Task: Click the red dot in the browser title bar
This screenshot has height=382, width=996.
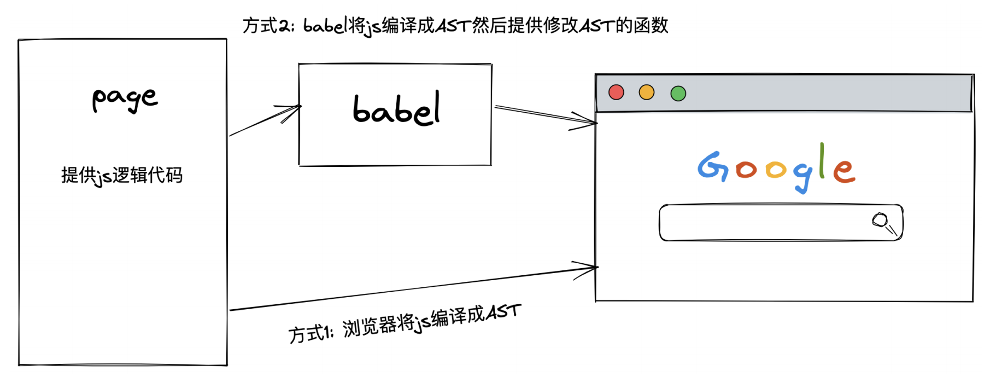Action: point(616,92)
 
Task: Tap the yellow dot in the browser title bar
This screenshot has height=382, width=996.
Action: point(647,92)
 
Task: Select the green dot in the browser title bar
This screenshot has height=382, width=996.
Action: point(678,94)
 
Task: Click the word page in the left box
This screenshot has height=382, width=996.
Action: point(125,99)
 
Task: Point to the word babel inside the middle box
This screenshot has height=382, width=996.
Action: point(396,109)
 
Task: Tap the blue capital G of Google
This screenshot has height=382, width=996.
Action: point(713,166)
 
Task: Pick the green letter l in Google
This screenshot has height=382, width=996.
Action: point(822,160)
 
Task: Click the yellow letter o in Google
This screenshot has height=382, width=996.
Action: point(776,170)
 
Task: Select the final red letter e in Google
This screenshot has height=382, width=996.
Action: point(844,170)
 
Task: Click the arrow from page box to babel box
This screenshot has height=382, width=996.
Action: point(265,120)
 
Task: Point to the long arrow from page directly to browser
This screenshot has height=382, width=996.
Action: point(414,288)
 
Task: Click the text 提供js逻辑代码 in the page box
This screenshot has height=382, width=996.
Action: point(122,176)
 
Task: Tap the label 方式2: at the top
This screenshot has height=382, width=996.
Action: point(268,26)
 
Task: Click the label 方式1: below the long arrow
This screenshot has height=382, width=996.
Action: point(310,333)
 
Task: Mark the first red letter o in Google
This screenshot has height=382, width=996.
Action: point(746,170)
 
